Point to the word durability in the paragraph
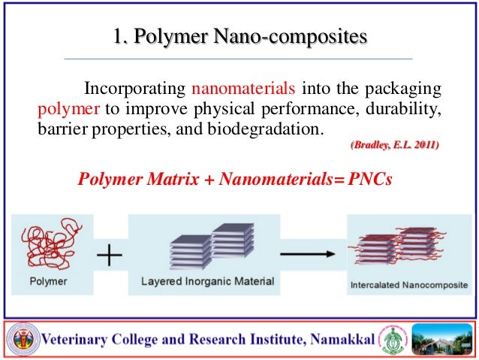[402, 108]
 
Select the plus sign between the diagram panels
[110, 256]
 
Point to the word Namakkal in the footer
[339, 340]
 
